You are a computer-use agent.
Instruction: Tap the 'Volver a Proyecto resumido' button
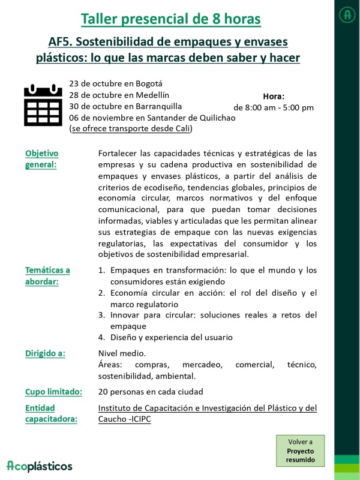point(300,451)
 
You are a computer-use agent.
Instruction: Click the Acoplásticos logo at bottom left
point(40,466)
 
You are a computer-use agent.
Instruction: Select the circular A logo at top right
point(347,15)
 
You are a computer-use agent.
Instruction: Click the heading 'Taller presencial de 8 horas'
point(170,19)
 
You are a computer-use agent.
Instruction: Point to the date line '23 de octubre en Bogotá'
point(116,83)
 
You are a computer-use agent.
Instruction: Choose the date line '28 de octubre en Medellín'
point(119,95)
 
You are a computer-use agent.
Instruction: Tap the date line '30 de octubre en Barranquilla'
point(125,106)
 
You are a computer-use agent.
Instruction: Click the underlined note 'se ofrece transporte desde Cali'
point(131,128)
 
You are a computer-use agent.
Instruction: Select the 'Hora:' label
point(274,96)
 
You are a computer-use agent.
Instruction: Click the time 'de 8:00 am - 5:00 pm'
point(274,108)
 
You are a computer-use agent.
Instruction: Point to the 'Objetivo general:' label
point(41,159)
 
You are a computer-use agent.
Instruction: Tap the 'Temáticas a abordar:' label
point(47,275)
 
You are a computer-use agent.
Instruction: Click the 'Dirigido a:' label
point(45,353)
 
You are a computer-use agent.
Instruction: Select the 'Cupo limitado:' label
point(53,392)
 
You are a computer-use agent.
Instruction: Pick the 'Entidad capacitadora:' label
point(51,413)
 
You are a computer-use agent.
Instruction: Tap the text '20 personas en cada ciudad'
point(151,392)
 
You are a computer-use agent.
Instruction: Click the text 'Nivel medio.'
point(122,353)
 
